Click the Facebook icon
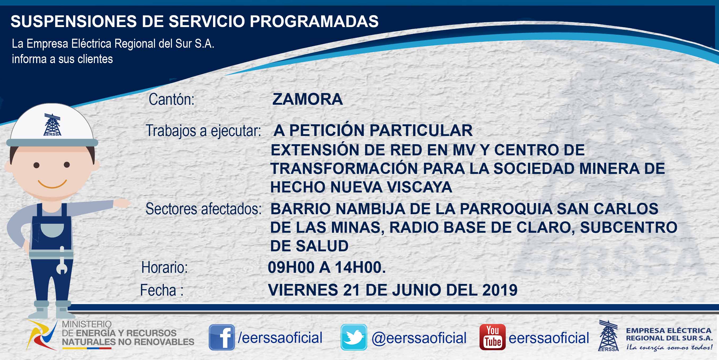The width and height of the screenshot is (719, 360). [222, 337]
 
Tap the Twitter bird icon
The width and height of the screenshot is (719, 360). [354, 337]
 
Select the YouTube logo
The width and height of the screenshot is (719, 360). [492, 337]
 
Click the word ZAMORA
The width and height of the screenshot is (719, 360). [307, 99]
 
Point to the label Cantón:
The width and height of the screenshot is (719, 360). [171, 99]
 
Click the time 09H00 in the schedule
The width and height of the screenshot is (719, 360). [291, 267]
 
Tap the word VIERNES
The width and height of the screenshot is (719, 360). [303, 290]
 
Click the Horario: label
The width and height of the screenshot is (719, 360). [165, 267]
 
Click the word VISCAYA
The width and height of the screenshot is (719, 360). [419, 187]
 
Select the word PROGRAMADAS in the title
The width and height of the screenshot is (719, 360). [314, 21]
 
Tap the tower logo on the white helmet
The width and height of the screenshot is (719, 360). [52, 125]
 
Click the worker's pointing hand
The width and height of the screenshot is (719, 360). [122, 203]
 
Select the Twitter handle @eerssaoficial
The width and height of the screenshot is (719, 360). [419, 338]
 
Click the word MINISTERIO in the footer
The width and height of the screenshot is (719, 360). [87, 324]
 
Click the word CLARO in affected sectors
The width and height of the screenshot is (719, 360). [545, 228]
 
